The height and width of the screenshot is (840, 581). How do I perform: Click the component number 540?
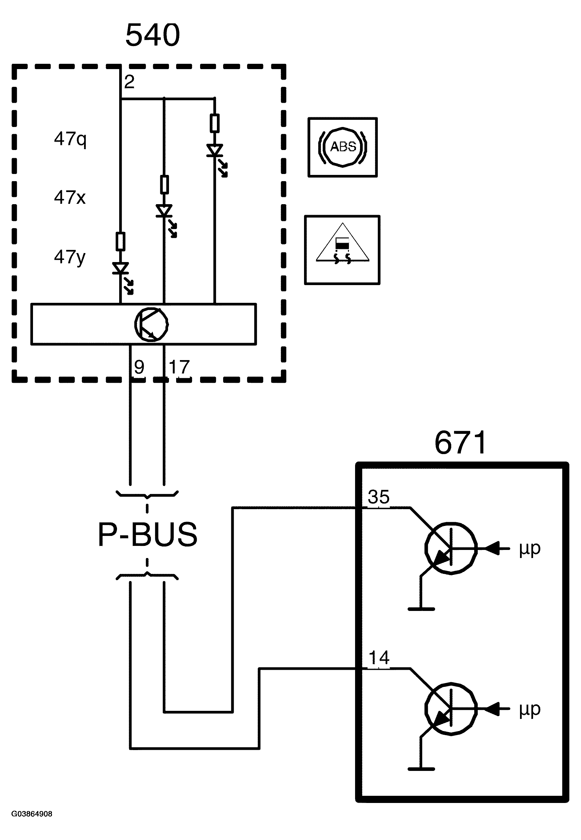(152, 35)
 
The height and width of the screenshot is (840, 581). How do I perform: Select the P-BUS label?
(148, 534)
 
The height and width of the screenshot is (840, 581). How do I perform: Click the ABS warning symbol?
(343, 147)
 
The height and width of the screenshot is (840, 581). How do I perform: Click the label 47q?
(70, 139)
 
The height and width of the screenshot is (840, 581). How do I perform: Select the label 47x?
(69, 197)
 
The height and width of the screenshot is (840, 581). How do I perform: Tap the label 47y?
(69, 257)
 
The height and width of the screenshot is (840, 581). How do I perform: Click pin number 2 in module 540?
(129, 82)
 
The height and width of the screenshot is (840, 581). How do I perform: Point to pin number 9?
(139, 367)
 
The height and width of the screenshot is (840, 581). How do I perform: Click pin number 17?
(179, 367)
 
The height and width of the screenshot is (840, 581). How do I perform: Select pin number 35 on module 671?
(379, 497)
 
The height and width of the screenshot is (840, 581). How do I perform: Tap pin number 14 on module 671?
(379, 658)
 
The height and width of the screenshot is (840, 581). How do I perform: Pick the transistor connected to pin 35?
(451, 548)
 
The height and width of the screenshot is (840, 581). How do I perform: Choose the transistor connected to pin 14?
(451, 709)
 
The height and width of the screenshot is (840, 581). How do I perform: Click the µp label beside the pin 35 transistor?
(530, 548)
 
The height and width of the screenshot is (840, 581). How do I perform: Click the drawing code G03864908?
(32, 814)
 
